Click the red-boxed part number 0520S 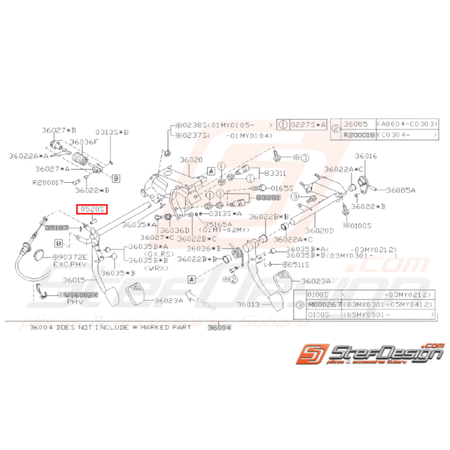pyautogui.click(x=92, y=209)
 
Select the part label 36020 pyautogui.click(x=191, y=160)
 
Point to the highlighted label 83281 pyautogui.click(x=268, y=198)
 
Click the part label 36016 pyautogui.click(x=366, y=157)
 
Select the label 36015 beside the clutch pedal pyautogui.click(x=74, y=280)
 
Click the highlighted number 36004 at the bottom pyautogui.click(x=219, y=328)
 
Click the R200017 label pyautogui.click(x=47, y=183)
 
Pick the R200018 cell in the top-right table pyautogui.click(x=359, y=136)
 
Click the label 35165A pyautogui.click(x=218, y=225)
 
